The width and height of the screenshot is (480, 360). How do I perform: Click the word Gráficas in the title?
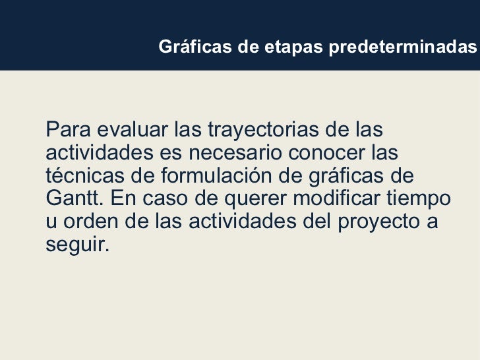(187, 47)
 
